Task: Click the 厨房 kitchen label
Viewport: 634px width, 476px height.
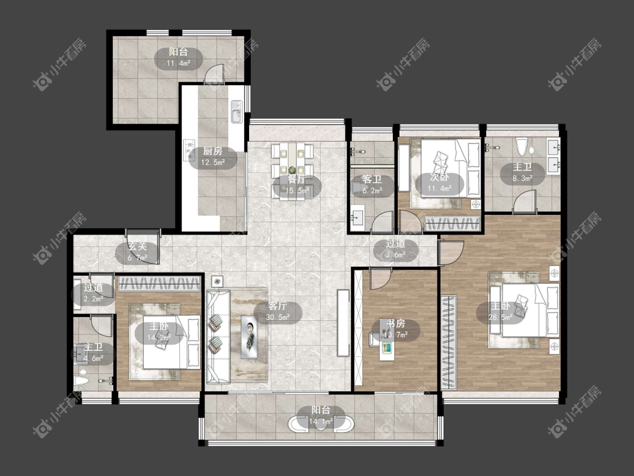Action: point(212,151)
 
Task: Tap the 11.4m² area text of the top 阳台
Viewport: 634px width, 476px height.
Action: point(178,63)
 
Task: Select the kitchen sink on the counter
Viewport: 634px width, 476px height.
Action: point(236,112)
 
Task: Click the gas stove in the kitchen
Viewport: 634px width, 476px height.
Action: point(189,148)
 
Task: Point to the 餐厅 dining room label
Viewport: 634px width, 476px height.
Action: point(297,179)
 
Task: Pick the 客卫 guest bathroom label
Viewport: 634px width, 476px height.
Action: point(372,179)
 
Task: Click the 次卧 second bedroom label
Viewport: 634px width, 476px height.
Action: point(439,177)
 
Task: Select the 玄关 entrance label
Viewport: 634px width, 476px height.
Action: point(137,246)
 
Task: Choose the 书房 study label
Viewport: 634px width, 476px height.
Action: point(395,323)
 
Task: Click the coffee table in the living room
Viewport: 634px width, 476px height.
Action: point(250,337)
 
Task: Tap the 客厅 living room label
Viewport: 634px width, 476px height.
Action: point(277,306)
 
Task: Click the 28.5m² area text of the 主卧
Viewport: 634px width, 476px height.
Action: point(500,318)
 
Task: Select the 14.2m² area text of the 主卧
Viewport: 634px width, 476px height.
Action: point(159,337)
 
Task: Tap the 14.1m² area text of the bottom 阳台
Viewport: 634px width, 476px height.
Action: point(321,421)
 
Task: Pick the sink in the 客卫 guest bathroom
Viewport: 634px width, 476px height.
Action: point(357,217)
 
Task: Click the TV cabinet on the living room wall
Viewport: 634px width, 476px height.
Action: point(343,323)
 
